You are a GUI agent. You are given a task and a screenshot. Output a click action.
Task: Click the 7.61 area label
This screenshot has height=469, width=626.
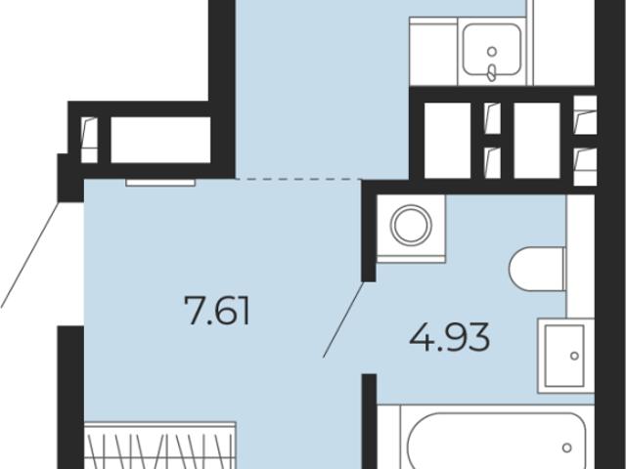[217, 311]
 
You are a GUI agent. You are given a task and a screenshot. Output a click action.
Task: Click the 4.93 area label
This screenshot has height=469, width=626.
[450, 337]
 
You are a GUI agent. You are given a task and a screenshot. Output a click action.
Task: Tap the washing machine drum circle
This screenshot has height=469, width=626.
[411, 225]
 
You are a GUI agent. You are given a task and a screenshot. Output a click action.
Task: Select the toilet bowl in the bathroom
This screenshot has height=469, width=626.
[537, 269]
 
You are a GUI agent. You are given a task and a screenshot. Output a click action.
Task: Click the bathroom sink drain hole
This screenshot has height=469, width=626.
[574, 356]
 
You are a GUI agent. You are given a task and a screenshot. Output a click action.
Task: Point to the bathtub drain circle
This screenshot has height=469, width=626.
[567, 448]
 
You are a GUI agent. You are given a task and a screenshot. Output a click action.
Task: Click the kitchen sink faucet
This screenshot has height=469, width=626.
[492, 72]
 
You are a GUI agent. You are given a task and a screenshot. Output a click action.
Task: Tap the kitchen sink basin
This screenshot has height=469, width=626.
[492, 49]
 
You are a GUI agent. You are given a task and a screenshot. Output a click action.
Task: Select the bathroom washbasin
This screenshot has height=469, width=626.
[565, 356]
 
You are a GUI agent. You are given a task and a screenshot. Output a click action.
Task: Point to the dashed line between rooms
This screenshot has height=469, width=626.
[298, 179]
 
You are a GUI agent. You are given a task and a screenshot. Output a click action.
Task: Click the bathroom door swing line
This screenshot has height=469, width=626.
[343, 320]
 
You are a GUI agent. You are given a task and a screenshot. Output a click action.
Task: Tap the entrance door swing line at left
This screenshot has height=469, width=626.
[30, 255]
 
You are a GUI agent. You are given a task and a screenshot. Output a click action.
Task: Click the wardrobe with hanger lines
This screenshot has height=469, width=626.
[160, 446]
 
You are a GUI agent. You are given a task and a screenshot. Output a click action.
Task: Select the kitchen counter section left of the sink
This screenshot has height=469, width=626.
[433, 51]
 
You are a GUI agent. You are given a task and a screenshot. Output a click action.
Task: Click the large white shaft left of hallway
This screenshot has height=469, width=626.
[160, 140]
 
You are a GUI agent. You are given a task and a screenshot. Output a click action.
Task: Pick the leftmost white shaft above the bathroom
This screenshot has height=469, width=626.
[448, 141]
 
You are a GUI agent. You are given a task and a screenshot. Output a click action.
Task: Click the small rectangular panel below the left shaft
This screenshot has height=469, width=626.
[160, 183]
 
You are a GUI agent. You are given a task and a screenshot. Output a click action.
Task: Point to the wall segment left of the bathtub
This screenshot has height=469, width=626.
[370, 421]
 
